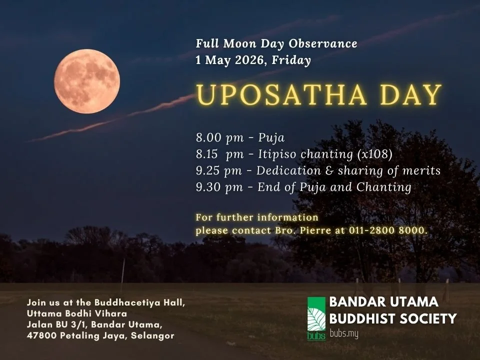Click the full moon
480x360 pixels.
click(x=87, y=81)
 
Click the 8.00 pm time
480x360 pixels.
click(x=219, y=137)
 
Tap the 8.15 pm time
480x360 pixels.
click(x=220, y=154)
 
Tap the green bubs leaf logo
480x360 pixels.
click(x=316, y=318)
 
